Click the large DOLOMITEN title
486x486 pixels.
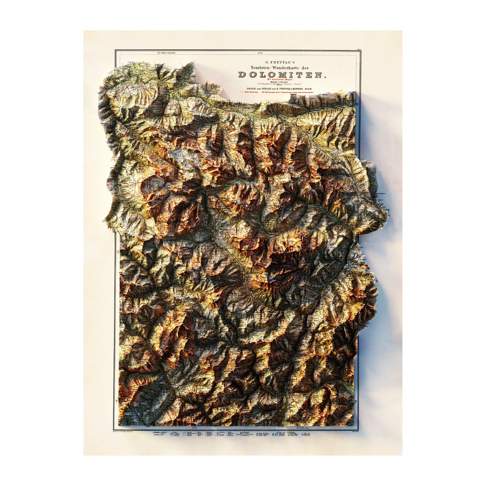pyautogui.click(x=282, y=75)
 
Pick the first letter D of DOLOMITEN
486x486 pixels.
pyautogui.click(x=241, y=75)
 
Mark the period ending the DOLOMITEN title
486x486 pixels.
pyautogui.click(x=325, y=77)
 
